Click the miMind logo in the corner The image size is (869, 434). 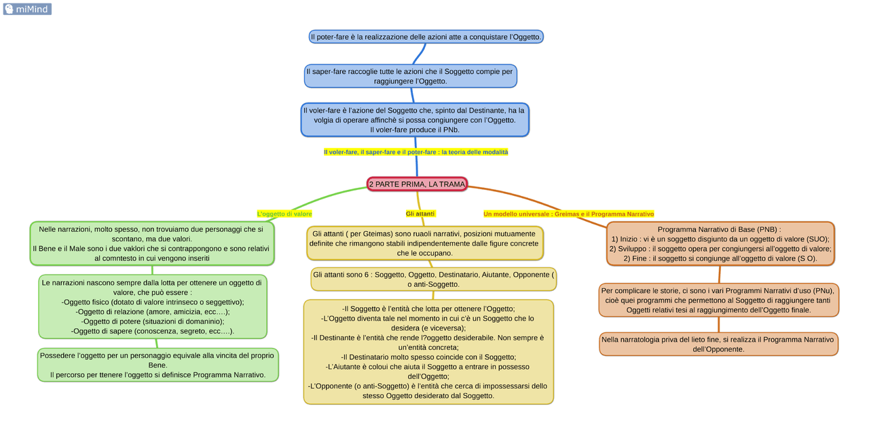(27, 9)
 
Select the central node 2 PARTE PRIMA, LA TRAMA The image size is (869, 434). (417, 184)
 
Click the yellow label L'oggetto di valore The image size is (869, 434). (284, 214)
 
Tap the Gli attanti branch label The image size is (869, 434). (420, 214)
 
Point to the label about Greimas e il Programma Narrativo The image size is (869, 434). (568, 214)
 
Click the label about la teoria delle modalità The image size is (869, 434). (415, 153)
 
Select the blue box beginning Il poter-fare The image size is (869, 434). (426, 37)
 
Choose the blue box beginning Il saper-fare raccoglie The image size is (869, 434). (410, 76)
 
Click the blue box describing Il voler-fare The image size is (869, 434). (414, 120)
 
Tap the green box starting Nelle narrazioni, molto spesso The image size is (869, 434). (152, 243)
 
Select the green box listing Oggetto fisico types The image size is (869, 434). (152, 307)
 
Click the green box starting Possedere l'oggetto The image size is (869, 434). (158, 365)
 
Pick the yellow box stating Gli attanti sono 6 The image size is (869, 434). (433, 279)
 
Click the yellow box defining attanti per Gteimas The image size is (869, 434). (425, 243)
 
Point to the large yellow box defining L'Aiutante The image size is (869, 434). (428, 352)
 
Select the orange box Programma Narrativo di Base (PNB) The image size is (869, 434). (720, 243)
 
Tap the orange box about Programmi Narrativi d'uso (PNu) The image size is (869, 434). (718, 300)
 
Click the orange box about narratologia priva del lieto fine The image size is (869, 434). (718, 344)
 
